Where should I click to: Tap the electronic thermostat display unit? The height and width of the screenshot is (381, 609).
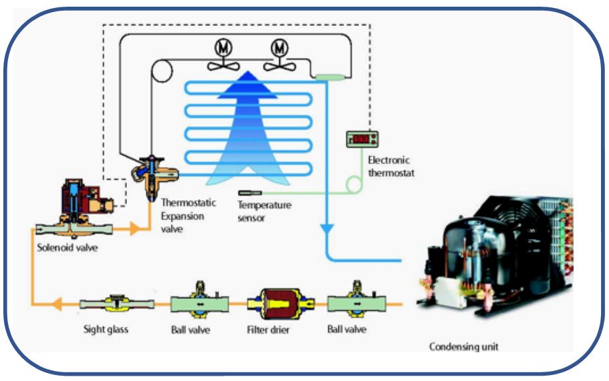[x=362, y=139]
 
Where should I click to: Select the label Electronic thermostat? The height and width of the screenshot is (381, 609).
[x=388, y=166]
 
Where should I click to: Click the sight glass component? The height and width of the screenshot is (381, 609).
[x=117, y=304]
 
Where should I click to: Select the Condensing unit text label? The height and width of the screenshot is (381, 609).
[x=464, y=346]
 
